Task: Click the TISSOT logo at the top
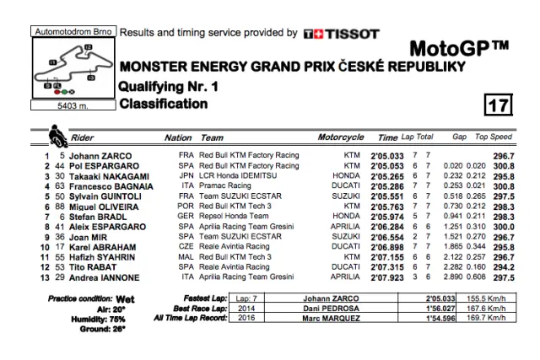pyautogui.click(x=340, y=34)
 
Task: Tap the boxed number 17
pyautogui.click(x=498, y=105)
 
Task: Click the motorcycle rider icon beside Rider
pyautogui.click(x=57, y=135)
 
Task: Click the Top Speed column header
pyautogui.click(x=494, y=137)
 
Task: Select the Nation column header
pyautogui.click(x=178, y=137)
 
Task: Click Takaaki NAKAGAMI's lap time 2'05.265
pyautogui.click(x=387, y=175)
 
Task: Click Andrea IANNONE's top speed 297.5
pyautogui.click(x=504, y=277)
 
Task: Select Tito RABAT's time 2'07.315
pyautogui.click(x=387, y=266)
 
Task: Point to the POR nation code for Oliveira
pyautogui.click(x=186, y=206)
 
